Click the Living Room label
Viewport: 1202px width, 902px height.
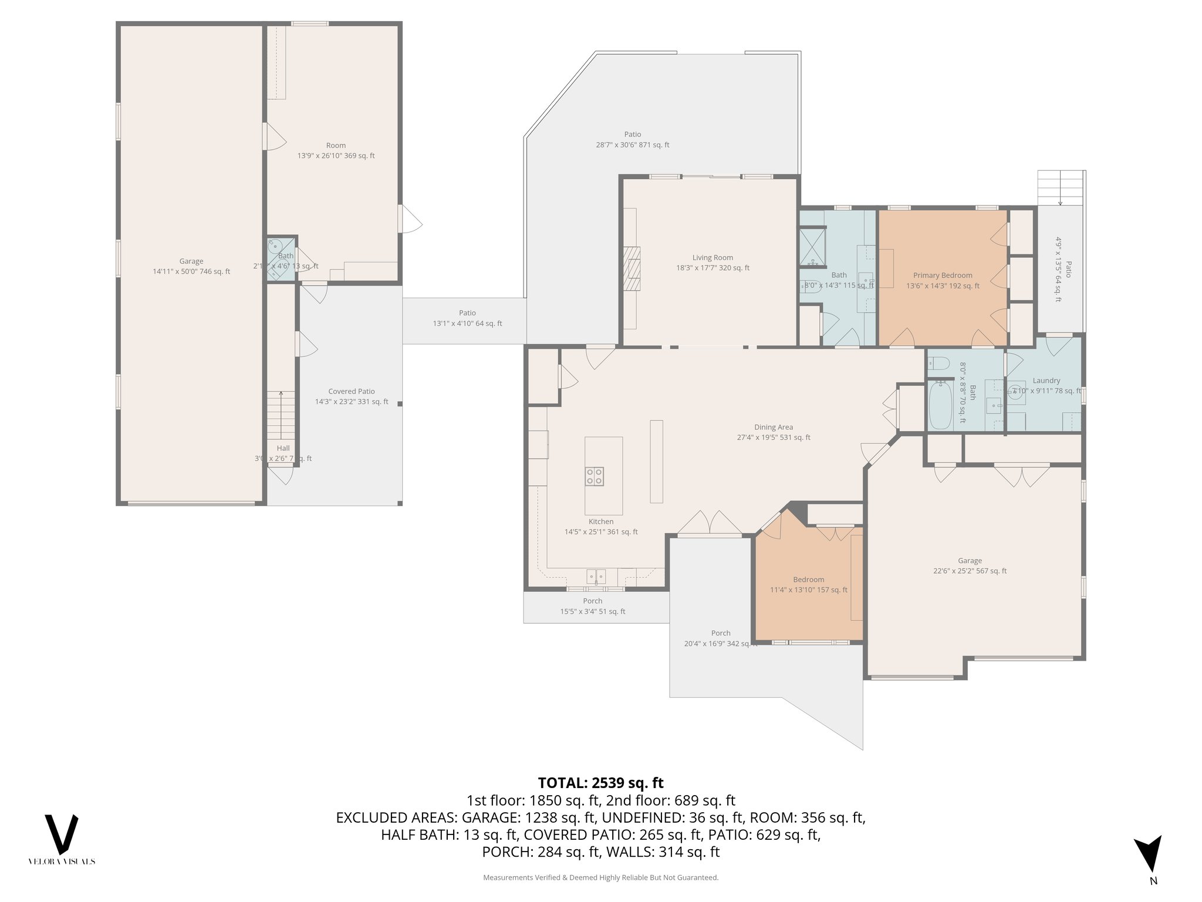tap(713, 257)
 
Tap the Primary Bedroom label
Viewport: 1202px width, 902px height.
tap(943, 275)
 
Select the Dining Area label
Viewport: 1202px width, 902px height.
tap(773, 427)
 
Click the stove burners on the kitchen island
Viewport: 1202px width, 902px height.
tap(595, 476)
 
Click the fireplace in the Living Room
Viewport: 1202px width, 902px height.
tap(632, 269)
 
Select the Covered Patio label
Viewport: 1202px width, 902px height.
tap(351, 391)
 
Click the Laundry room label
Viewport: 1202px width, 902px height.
tap(1046, 381)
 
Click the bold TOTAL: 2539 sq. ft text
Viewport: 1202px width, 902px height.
tap(600, 783)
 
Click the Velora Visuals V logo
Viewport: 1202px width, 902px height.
tap(62, 834)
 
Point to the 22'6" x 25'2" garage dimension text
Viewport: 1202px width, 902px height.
tap(970, 571)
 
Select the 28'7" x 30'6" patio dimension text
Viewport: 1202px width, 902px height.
tap(632, 145)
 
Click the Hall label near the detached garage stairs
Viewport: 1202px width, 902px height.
tap(283, 448)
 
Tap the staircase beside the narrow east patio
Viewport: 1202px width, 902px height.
tap(1060, 187)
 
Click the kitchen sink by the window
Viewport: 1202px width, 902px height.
tap(596, 577)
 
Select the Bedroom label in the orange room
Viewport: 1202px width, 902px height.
tap(808, 579)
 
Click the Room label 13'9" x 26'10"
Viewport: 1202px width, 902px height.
tap(336, 145)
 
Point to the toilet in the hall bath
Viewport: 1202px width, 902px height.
tap(938, 364)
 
